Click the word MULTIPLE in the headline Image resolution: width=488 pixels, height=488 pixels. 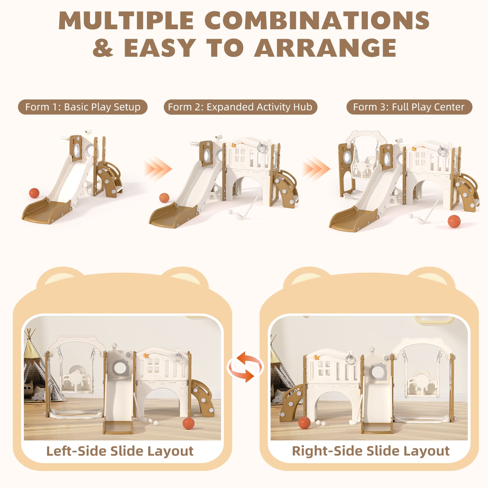126,21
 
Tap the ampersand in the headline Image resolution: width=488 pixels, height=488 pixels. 103,48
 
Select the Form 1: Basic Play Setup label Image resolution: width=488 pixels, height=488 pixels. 83,107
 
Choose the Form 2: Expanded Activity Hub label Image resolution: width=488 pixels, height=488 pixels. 240,107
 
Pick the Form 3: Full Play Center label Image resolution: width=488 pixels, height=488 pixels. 409,107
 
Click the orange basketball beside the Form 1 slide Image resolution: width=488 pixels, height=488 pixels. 34,193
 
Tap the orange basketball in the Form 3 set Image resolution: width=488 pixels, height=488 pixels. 454,221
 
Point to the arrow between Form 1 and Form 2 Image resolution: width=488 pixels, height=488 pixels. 158,169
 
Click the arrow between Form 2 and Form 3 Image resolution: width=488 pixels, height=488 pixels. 316,169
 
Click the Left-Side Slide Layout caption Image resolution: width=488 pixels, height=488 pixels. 120,451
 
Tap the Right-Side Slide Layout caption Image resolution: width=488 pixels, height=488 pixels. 371,451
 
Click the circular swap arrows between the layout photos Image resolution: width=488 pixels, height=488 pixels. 245,367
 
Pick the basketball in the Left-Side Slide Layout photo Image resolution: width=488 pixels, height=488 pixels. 188,424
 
